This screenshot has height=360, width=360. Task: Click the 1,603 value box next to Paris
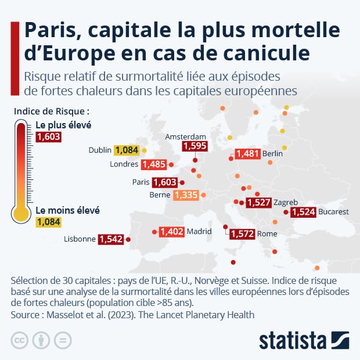(x=164, y=182)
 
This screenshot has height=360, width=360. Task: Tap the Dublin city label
(x=99, y=150)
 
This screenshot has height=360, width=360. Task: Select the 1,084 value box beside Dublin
(x=127, y=150)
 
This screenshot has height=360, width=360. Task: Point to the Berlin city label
(x=272, y=153)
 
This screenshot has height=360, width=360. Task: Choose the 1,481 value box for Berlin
(x=247, y=154)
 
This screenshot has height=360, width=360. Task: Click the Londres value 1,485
(x=154, y=164)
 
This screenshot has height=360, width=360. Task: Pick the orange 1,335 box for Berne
(x=186, y=195)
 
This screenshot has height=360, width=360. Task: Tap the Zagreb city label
(x=286, y=202)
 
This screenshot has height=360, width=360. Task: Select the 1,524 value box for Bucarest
(x=303, y=212)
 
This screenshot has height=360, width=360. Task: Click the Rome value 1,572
(x=242, y=234)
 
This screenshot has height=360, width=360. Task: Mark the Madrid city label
(x=199, y=232)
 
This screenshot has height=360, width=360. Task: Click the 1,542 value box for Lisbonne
(x=111, y=239)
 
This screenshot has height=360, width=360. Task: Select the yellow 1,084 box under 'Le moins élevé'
(x=48, y=222)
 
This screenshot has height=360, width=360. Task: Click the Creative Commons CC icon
(x=20, y=340)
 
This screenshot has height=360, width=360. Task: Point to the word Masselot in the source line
(x=68, y=315)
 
